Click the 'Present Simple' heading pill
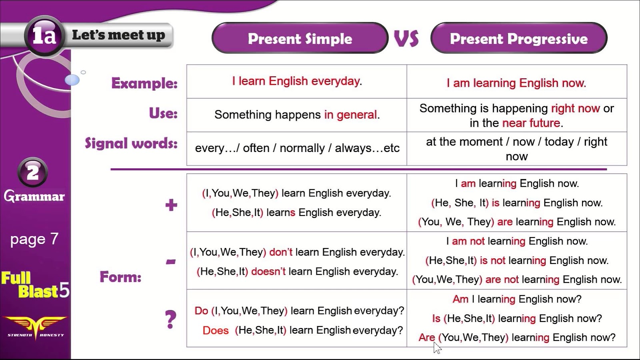(x=300, y=38)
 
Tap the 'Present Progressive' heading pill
(x=519, y=38)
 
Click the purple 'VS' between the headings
(x=406, y=38)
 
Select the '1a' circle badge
(x=44, y=36)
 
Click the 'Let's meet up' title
(x=118, y=35)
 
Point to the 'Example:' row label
(x=144, y=83)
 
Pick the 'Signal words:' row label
(x=131, y=143)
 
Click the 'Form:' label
(x=120, y=277)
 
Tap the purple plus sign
(x=171, y=205)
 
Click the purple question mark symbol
(x=171, y=320)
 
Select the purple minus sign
(x=171, y=262)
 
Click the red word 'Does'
(x=216, y=330)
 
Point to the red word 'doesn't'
(x=268, y=272)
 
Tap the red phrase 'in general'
(x=350, y=115)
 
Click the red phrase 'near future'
(x=531, y=123)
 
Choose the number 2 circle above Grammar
(x=33, y=172)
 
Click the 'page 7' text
(x=34, y=239)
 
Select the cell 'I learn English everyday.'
(x=297, y=81)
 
